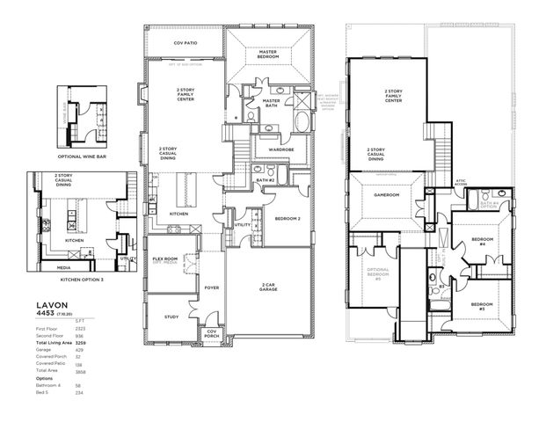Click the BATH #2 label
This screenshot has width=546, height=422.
(x=265, y=179)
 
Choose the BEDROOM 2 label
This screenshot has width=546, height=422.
(x=288, y=218)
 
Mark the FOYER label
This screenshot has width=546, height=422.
(x=211, y=287)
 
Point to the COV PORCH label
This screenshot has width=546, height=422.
(x=211, y=333)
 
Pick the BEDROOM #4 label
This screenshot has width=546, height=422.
(x=483, y=242)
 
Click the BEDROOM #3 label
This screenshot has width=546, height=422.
(x=483, y=309)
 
